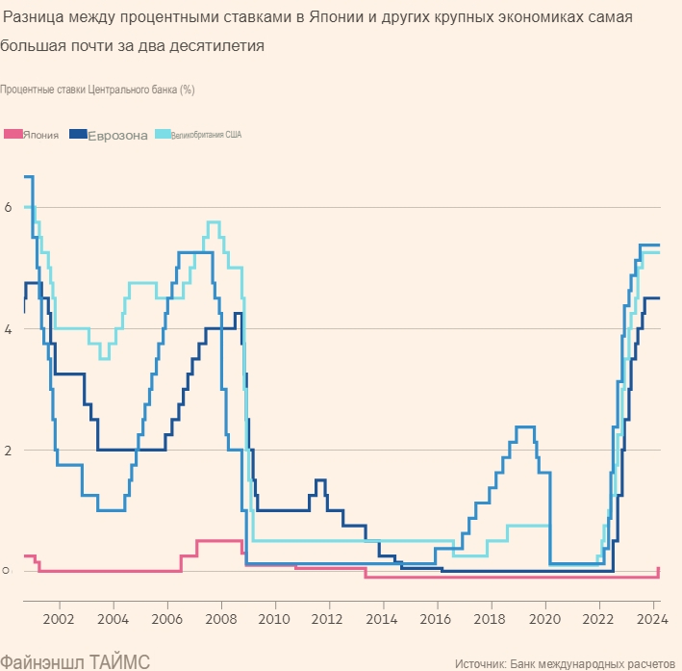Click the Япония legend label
(x=41, y=136)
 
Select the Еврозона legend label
(x=117, y=136)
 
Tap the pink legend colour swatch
(x=13, y=134)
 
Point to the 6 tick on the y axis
(x=8, y=207)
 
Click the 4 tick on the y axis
(x=8, y=328)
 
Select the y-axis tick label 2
(x=8, y=450)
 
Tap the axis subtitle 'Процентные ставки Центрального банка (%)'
(x=98, y=90)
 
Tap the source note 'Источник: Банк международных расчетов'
(x=565, y=663)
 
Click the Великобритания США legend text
(x=207, y=135)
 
